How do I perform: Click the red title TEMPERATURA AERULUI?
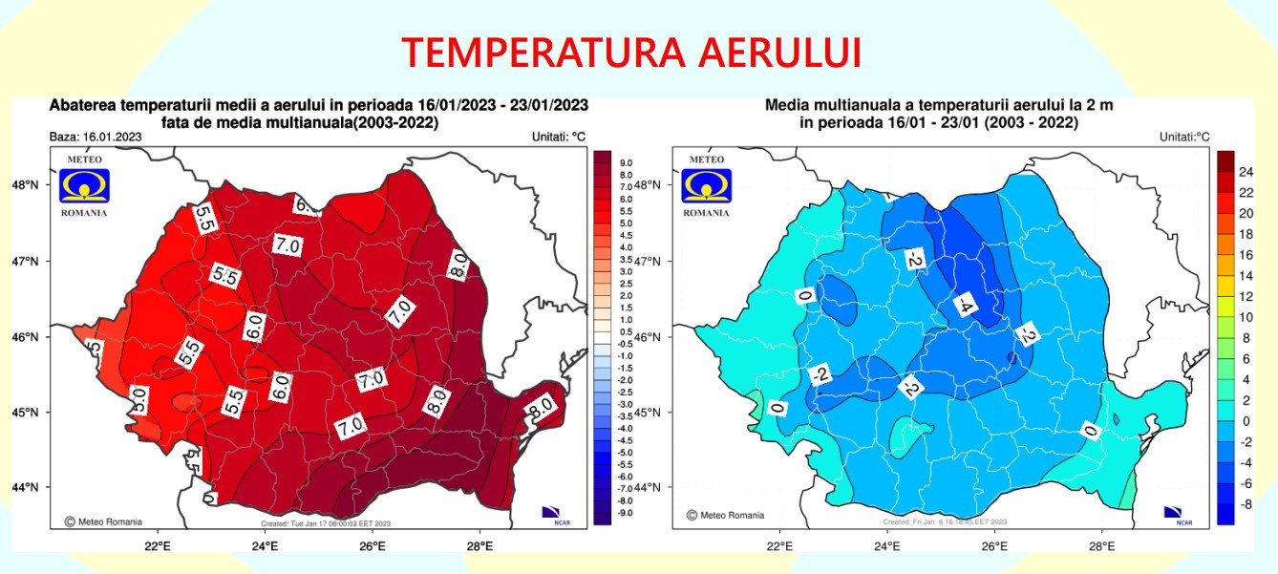coord(631,53)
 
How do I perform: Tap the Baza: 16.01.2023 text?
coord(96,137)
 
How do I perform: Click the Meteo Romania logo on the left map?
coord(84,185)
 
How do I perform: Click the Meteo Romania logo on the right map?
coord(706,185)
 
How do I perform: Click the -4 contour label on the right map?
coord(966,305)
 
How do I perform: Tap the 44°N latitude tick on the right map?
coord(647,488)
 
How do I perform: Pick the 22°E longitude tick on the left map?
coord(157,547)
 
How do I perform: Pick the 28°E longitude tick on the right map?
coord(1101,547)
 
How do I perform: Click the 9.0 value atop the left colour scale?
coord(626,163)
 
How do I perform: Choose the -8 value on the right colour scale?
coord(1247,504)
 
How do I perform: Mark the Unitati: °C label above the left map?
coord(558,137)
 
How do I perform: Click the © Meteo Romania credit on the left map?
coord(103,521)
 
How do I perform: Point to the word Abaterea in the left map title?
coord(78,105)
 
